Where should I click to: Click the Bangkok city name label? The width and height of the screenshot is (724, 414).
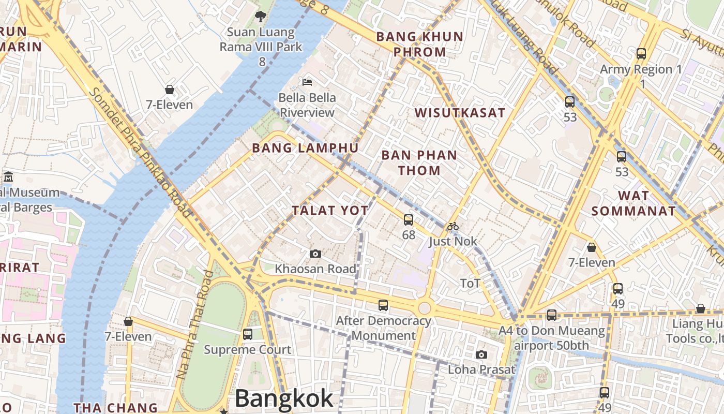tap(284, 399)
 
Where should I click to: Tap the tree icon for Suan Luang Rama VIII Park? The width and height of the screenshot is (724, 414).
tap(261, 17)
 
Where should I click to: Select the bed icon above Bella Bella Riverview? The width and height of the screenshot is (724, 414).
tap(307, 82)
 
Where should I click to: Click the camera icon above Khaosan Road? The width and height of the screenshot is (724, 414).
tap(315, 254)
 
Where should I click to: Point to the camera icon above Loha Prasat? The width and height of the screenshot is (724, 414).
tap(481, 354)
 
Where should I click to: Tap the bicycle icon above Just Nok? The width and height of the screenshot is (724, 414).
tap(453, 226)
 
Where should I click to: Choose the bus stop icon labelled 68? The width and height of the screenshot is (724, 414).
tap(409, 220)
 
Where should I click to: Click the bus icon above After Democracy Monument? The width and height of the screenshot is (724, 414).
tap(383, 305)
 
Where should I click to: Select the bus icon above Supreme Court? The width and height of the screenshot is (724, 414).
tap(248, 334)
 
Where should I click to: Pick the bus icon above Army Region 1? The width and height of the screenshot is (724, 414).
tap(641, 53)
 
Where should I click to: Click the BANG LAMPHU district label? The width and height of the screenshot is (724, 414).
tap(305, 149)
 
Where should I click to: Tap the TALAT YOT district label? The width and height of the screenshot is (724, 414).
tap(330, 211)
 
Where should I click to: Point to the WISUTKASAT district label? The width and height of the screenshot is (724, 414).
tap(460, 113)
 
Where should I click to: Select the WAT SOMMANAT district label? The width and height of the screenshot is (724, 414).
tap(633, 203)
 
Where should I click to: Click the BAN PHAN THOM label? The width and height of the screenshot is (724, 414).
tap(419, 162)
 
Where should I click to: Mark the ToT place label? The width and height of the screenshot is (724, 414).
tap(470, 283)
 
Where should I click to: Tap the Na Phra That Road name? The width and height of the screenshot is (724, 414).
tap(194, 324)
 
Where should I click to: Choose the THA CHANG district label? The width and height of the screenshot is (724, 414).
tap(115, 408)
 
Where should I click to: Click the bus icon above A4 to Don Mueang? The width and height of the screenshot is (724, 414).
tap(552, 315)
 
